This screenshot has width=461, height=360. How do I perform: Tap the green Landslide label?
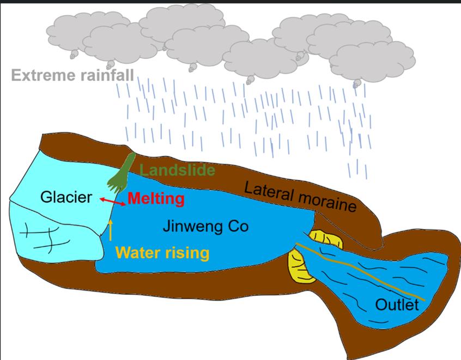tap(177, 170)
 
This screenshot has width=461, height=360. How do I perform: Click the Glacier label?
tap(66, 197)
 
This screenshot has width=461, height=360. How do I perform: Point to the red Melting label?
tap(156, 199)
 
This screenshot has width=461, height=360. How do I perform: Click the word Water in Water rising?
tap(138, 253)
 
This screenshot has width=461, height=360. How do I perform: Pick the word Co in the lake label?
tap(238, 226)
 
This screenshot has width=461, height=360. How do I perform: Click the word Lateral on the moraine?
tap(267, 193)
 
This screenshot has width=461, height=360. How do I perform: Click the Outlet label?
tap(397, 304)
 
